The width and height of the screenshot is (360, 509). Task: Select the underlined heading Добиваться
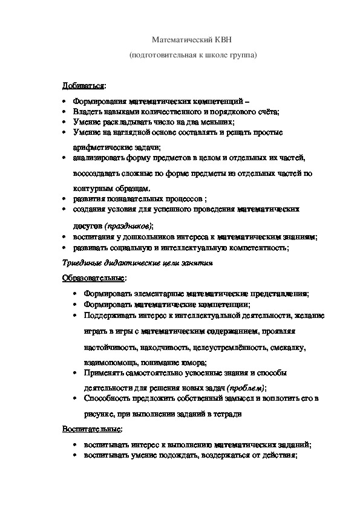pyautogui.click(x=83, y=86)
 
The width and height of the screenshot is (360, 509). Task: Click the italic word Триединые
pyautogui.click(x=82, y=263)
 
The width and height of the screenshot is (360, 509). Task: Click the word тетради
pyautogui.click(x=229, y=414)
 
